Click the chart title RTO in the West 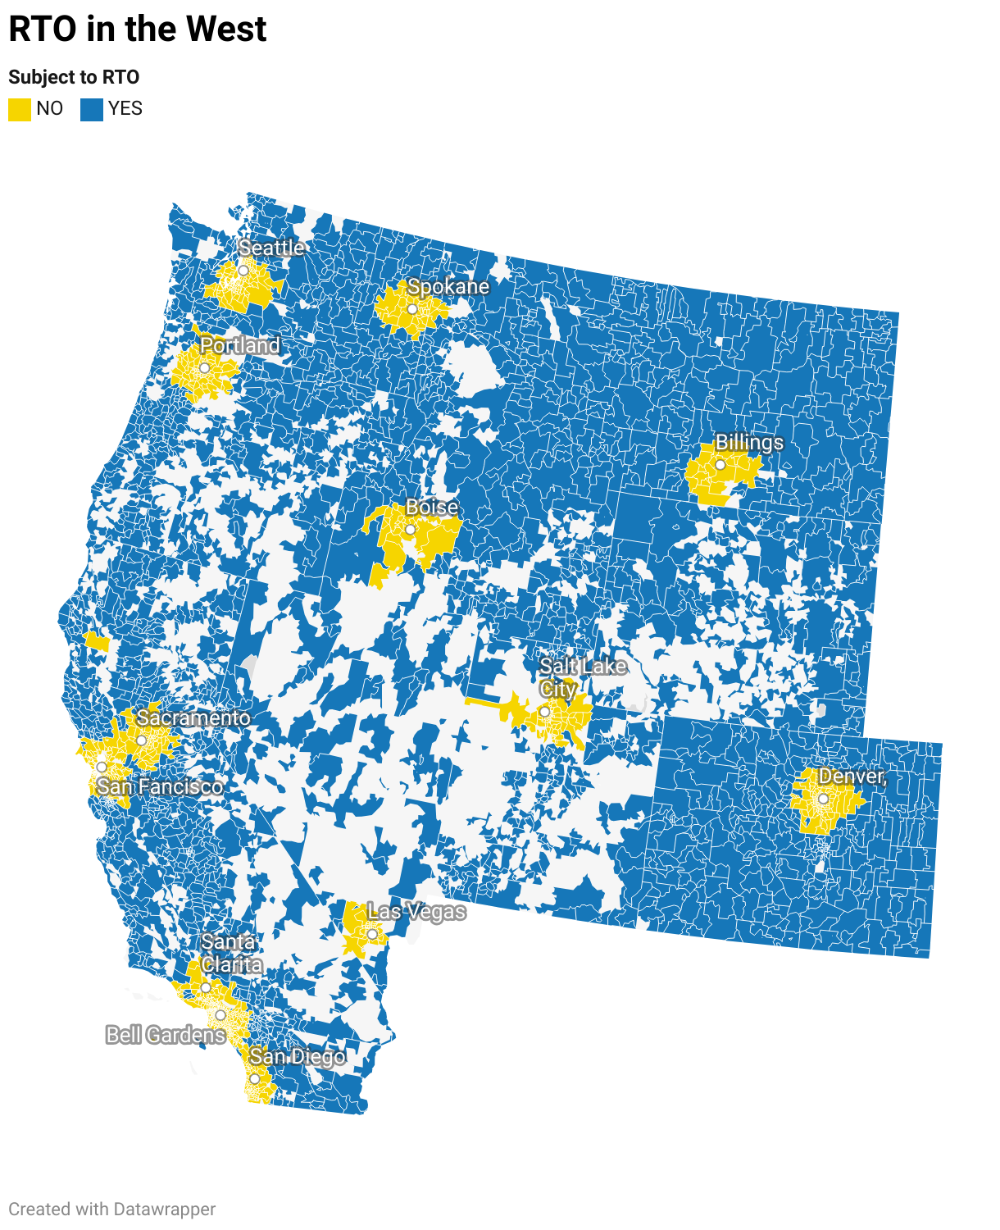pos(137,30)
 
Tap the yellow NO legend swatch pos(20,109)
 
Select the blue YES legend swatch pos(92,109)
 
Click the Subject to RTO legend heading pos(74,77)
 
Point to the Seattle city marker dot pos(243,271)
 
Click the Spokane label pos(448,287)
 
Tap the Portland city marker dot pos(205,368)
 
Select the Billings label pos(749,443)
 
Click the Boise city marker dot pos(411,530)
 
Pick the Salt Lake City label pos(582,677)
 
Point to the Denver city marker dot pos(823,799)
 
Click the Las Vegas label pos(416,912)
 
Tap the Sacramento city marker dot pos(141,740)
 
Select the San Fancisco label pos(160,787)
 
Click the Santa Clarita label pos(230,953)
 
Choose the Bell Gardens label pos(166,1035)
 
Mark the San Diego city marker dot pos(254,1079)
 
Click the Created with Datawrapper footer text pos(112,1209)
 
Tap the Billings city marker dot pos(720,465)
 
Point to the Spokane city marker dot pos(412,310)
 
